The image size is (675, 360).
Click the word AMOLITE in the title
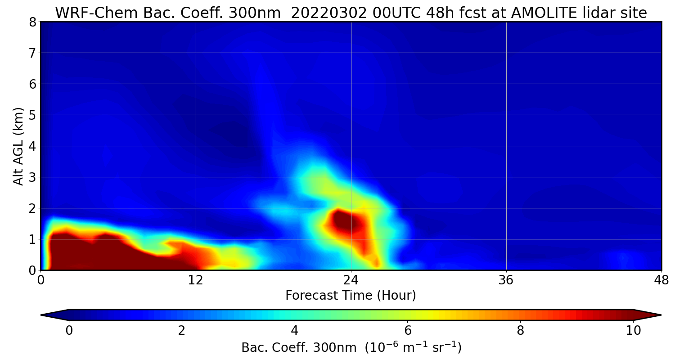click(x=544, y=13)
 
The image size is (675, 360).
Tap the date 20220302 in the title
click(x=329, y=13)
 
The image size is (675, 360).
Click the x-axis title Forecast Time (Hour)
click(x=351, y=295)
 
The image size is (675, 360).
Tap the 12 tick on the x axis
click(x=196, y=280)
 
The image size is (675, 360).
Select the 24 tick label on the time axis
click(x=351, y=280)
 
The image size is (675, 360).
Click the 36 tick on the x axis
click(x=506, y=280)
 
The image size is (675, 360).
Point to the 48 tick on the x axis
click(x=661, y=280)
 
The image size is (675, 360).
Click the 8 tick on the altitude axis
click(x=32, y=22)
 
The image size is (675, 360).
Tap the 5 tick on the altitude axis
click(x=32, y=115)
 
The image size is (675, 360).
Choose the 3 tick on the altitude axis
click(x=32, y=177)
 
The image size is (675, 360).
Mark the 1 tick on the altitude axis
click(x=32, y=239)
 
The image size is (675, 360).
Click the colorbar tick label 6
click(x=408, y=330)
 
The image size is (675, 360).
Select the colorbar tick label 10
click(x=633, y=330)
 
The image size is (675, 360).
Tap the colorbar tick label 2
click(x=181, y=330)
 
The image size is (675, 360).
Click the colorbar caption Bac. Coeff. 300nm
click(x=299, y=348)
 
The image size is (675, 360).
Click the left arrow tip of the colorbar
click(x=41, y=315)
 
